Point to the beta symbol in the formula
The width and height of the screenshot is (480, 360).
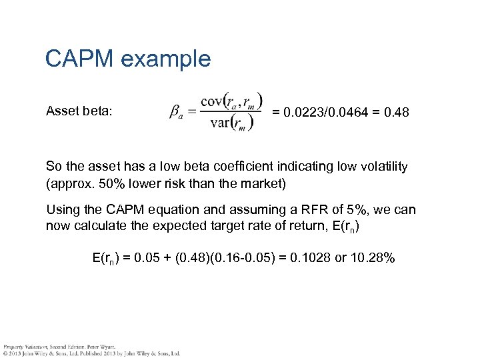[x=175, y=114]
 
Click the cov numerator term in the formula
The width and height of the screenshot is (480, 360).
[x=231, y=100]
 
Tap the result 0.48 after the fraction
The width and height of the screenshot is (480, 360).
[x=396, y=113]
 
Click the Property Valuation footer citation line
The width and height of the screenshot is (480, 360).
[x=60, y=347]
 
